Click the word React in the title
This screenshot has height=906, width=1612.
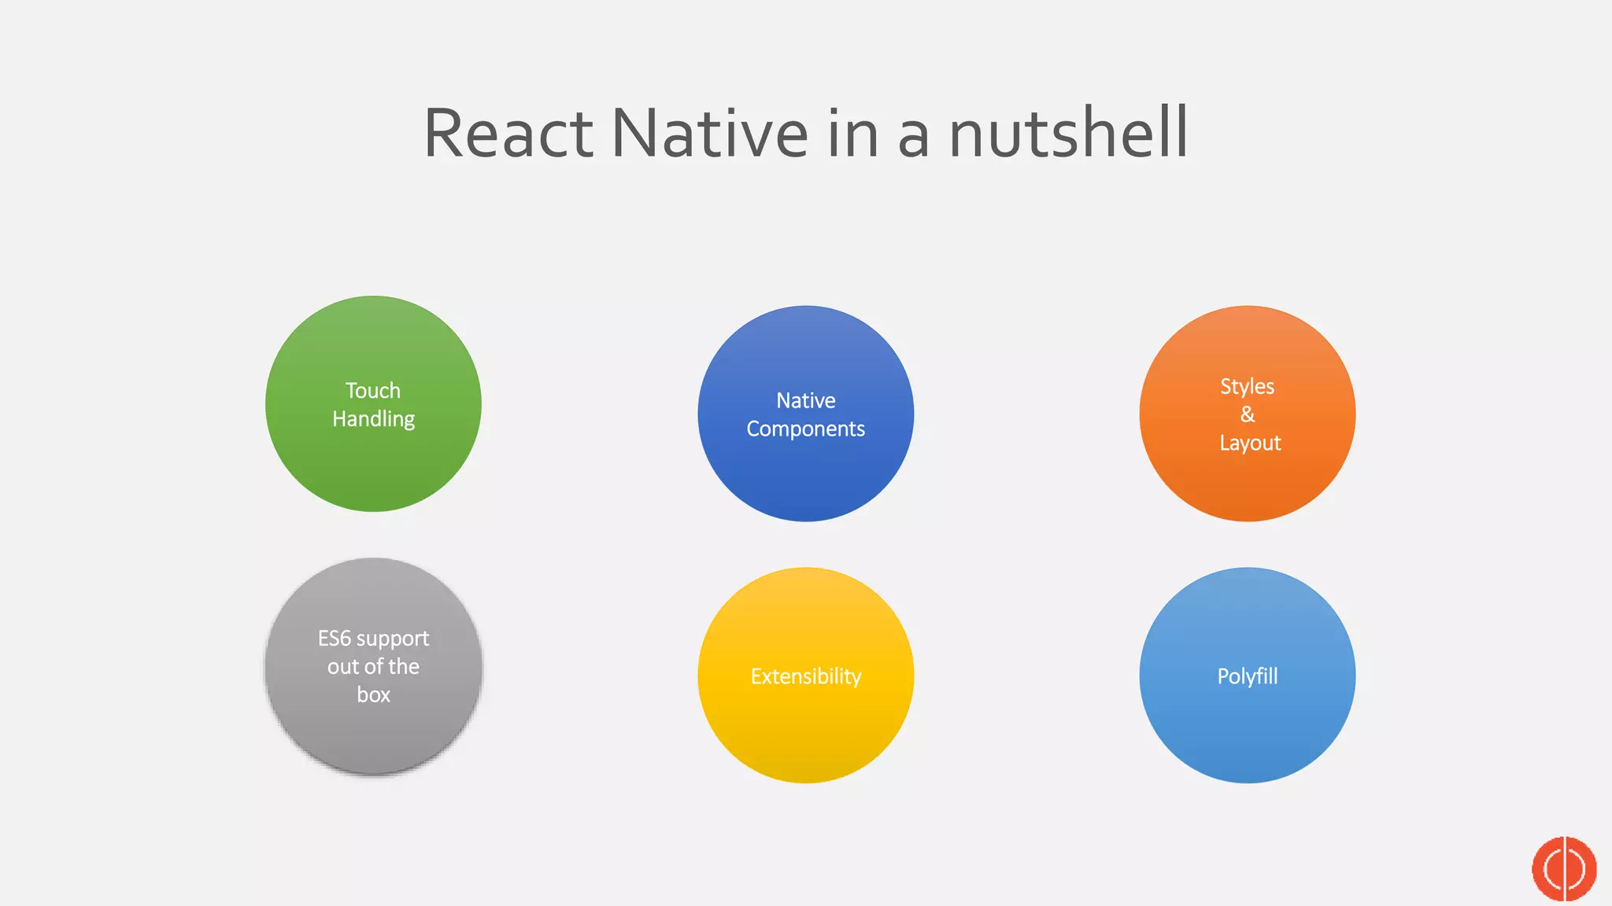pyautogui.click(x=508, y=133)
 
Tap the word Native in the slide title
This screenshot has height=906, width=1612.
pyautogui.click(x=709, y=133)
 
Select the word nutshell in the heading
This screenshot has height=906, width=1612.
pyautogui.click(x=1068, y=133)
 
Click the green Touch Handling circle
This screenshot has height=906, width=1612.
pyautogui.click(x=373, y=464)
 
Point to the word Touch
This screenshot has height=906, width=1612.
pyautogui.click(x=373, y=391)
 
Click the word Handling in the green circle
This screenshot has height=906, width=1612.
pyautogui.click(x=373, y=419)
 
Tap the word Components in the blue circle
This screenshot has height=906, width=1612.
pyautogui.click(x=805, y=429)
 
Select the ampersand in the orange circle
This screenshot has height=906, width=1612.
pyautogui.click(x=1248, y=414)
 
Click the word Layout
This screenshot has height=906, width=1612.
pyautogui.click(x=1250, y=444)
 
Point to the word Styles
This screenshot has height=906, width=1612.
pyautogui.click(x=1247, y=387)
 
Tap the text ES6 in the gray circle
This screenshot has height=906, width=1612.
pyautogui.click(x=334, y=638)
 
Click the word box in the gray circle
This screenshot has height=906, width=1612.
pyautogui.click(x=373, y=695)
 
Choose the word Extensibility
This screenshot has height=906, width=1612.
pyautogui.click(x=805, y=676)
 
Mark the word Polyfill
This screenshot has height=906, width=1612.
pyautogui.click(x=1247, y=676)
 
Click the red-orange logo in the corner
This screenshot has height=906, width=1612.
pyautogui.click(x=1564, y=869)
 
